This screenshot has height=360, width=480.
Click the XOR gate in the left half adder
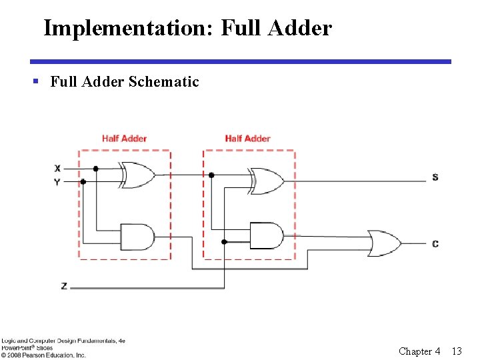point(137,175)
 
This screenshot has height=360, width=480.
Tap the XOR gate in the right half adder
point(266,181)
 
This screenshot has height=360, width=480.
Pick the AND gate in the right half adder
point(266,235)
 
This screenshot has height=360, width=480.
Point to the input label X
point(57,168)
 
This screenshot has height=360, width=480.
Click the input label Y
point(57,181)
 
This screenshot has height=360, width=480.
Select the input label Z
point(64,286)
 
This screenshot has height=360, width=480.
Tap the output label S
point(435,177)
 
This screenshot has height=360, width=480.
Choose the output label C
point(435,244)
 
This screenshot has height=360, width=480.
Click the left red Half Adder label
point(124,139)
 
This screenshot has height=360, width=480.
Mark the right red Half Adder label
point(247,139)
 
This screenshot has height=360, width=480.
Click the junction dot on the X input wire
point(96,169)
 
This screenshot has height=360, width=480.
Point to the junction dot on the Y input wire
point(83,181)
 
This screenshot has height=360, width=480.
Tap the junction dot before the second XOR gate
point(211,175)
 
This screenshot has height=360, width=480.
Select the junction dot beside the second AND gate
point(224,241)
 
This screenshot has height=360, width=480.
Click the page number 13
point(457,351)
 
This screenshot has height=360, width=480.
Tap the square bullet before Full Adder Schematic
point(36,82)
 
